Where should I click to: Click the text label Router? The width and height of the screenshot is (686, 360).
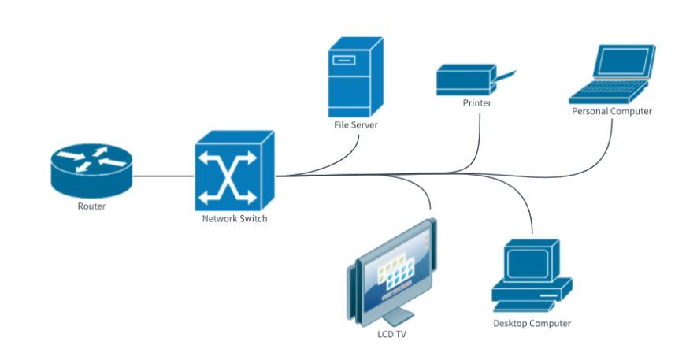click(x=91, y=206)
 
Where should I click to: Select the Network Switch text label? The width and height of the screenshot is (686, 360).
click(x=235, y=218)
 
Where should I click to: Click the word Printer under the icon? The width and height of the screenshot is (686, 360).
click(x=477, y=102)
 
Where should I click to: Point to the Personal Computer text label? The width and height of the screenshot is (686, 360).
click(x=611, y=112)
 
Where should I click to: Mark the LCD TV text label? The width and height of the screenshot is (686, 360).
click(x=391, y=334)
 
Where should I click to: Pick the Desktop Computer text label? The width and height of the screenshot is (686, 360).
click(x=532, y=323)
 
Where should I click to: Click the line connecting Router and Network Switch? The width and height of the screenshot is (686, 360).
click(x=163, y=176)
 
